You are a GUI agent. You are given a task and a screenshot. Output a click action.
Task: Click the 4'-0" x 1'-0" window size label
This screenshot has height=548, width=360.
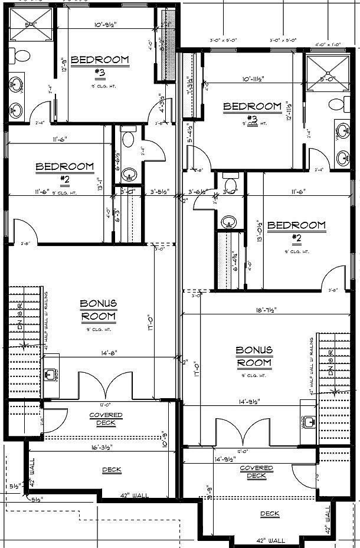[x=328, y=43]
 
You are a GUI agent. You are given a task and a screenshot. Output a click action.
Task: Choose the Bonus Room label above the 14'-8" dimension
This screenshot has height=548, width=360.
[x=98, y=310]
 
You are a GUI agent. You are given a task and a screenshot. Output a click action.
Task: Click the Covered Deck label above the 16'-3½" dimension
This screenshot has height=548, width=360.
[x=106, y=418]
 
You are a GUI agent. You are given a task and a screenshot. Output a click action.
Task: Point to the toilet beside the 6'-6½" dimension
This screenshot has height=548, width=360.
[x=127, y=140]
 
